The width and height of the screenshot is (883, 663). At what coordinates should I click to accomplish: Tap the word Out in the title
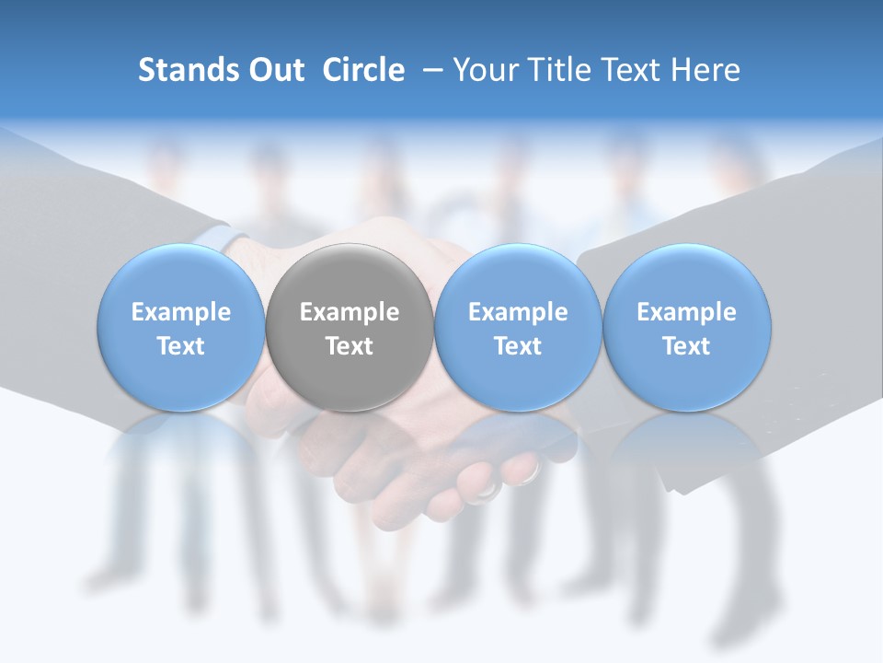coord(273,70)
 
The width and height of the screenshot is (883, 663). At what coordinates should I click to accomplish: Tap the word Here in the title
coord(708,70)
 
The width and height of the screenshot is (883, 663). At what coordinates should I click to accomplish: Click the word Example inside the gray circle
coord(350,312)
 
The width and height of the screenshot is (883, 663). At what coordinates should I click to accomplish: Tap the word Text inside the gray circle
coord(350,346)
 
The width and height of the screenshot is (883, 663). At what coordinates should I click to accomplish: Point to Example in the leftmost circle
coord(181,312)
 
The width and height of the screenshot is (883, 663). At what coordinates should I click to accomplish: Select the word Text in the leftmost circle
coord(181,346)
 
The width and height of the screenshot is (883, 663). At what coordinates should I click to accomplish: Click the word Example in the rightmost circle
coord(686,312)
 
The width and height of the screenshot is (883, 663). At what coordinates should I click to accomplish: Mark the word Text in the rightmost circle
coord(686,346)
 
